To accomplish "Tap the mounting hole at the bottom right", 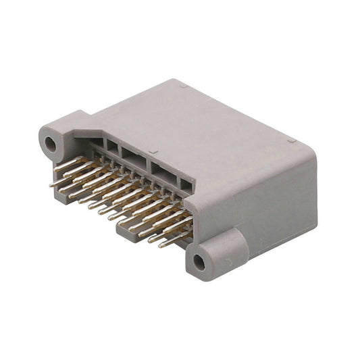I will click(200, 260).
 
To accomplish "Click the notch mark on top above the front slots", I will click(154, 152).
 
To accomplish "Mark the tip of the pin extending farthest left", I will click(51, 183).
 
